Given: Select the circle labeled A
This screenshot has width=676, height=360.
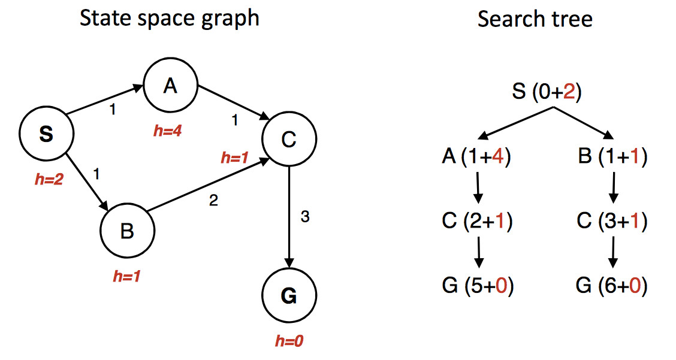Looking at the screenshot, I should (x=170, y=87).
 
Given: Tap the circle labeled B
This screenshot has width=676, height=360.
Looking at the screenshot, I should (x=127, y=231).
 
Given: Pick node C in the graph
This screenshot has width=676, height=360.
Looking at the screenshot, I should (x=289, y=139).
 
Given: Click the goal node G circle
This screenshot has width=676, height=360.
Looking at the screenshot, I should (x=289, y=296).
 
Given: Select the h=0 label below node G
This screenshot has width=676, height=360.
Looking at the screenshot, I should (x=289, y=341).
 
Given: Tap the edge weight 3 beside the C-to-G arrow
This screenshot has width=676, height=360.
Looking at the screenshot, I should (x=304, y=217).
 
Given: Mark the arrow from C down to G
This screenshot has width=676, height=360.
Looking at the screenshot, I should (x=289, y=216).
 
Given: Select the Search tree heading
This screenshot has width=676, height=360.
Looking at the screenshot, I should (x=535, y=19).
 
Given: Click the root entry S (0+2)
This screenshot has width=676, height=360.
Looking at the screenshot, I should (x=547, y=93).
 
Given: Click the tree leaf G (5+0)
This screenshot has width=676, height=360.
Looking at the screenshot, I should (x=477, y=286).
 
